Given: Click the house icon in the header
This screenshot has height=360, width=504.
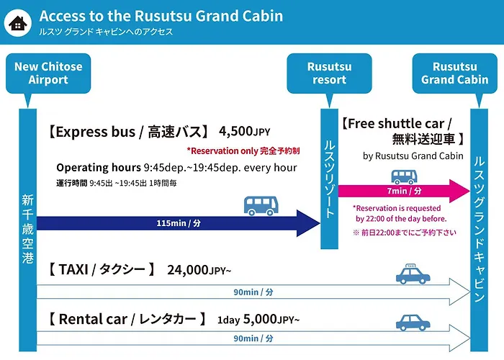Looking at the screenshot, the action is [18, 23].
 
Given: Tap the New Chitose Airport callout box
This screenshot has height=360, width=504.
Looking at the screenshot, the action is [48, 73].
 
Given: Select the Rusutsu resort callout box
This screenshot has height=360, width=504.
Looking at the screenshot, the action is [329, 73].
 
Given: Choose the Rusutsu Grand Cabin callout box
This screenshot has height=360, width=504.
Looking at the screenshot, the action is [454, 73].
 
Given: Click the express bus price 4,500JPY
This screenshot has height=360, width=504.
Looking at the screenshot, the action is [244, 131].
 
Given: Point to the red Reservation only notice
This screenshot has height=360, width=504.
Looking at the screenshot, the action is [243, 150].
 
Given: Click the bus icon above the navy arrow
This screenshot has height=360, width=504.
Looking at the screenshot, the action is [261, 206].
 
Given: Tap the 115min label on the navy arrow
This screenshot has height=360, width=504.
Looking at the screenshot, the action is [179, 223].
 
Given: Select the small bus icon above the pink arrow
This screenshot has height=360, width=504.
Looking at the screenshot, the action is [404, 177].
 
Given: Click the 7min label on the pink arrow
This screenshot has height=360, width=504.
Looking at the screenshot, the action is [404, 191].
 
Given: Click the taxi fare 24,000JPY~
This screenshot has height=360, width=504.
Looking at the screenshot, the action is [199, 270].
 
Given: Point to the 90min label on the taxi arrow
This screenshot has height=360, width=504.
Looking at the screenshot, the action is [253, 292].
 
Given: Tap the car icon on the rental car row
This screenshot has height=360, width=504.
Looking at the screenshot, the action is [413, 323].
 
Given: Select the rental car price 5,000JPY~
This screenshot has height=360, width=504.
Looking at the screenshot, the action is [271, 319].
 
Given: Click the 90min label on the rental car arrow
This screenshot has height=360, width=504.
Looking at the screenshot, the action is [253, 338].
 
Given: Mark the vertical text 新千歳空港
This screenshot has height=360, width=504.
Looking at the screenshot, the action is [27, 229].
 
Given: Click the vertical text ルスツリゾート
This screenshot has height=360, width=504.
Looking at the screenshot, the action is [330, 179].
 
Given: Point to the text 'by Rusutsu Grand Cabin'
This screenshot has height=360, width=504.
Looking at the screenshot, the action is [413, 156].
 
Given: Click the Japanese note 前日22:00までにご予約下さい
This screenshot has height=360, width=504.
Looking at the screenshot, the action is [405, 233].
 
